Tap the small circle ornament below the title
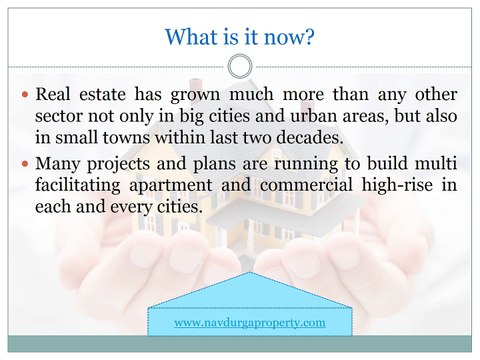[x=240, y=67]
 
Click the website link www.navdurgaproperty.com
[x=250, y=323]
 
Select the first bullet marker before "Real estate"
[x=24, y=97]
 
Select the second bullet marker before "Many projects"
[x=24, y=163]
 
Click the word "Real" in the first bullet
[x=55, y=96]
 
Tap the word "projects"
[x=125, y=163]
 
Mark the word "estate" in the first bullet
[x=108, y=96]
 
